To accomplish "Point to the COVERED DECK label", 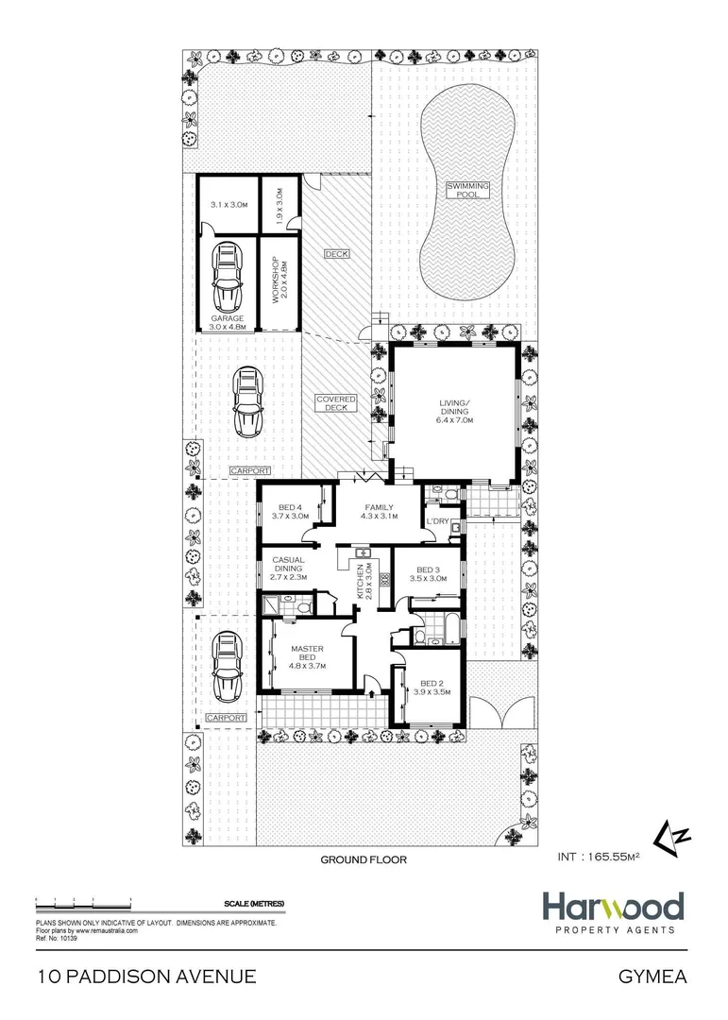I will tap(336, 404).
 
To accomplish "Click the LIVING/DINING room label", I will tap(455, 411).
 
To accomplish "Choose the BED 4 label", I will tap(290, 511).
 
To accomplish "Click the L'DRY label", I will tap(436, 521).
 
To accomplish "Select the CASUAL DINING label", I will tap(287, 568).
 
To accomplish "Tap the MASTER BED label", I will tap(307, 654).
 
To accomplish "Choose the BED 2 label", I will tap(432, 688).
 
